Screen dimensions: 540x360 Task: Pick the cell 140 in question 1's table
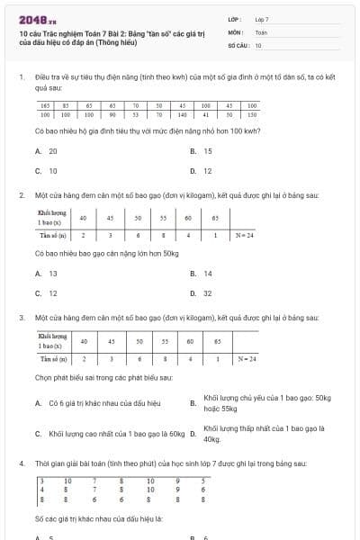(x=182, y=115)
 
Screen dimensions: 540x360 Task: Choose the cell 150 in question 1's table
(x=252, y=115)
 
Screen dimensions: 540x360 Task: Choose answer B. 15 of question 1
(x=202, y=151)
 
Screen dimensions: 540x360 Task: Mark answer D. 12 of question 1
(x=202, y=170)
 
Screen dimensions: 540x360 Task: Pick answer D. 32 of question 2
(x=202, y=292)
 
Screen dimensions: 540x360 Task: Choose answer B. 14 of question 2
(x=202, y=274)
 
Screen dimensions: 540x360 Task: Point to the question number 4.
(x=21, y=463)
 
